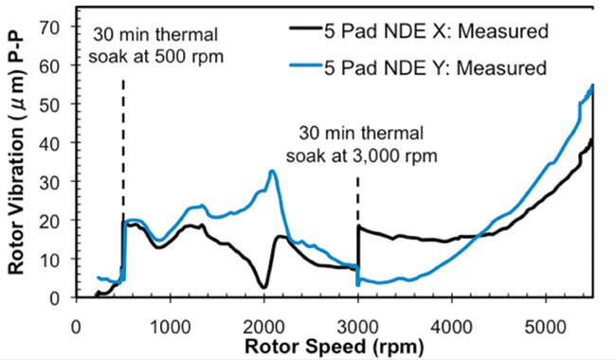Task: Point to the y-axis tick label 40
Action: (53, 142)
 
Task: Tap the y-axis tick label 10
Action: (53, 259)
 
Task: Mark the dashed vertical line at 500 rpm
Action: (123, 142)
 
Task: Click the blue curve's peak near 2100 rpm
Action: (272, 171)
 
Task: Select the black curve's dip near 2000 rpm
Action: (263, 286)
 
